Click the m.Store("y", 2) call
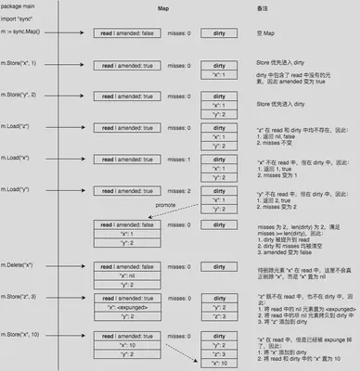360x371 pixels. tap(22, 96)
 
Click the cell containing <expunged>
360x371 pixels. tap(130, 307)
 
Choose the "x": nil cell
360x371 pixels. tap(130, 275)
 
